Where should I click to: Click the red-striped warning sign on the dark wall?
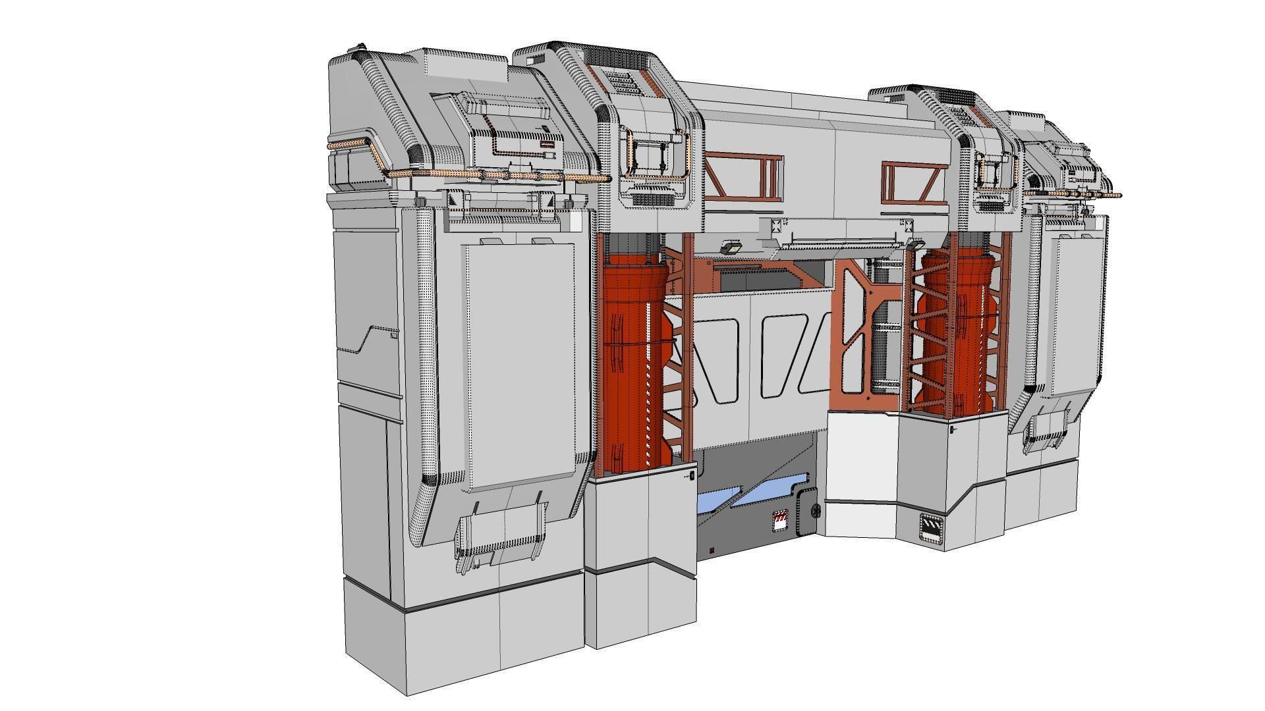[x=781, y=520]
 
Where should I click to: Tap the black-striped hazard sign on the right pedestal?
[x=931, y=527]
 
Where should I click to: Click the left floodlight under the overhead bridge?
[x=731, y=248]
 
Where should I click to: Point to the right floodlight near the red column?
[x=916, y=245]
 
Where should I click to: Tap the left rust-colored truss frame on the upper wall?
[x=743, y=176]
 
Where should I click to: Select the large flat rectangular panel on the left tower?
[x=520, y=365]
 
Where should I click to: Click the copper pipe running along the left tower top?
[x=461, y=175]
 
